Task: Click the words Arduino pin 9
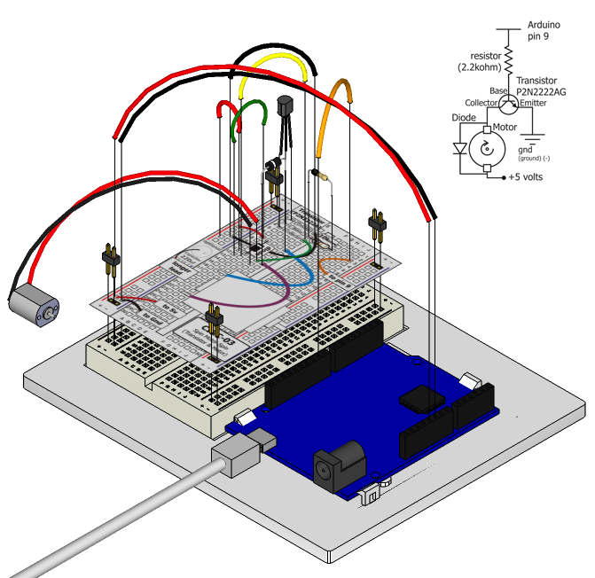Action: (545, 32)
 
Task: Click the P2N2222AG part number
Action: (540, 91)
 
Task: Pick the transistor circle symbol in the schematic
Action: (507, 104)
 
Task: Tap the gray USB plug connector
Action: (237, 457)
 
